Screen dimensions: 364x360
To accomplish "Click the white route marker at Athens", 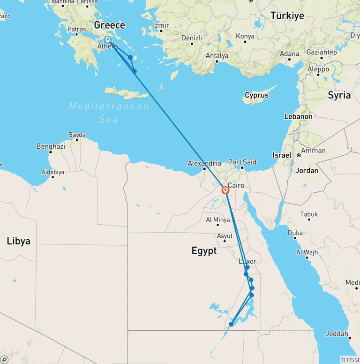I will pos(108,40).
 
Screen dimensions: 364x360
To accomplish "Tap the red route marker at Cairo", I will pos(225,190).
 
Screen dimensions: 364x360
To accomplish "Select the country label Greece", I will pos(110,25).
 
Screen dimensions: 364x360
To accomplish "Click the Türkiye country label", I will pos(287,15).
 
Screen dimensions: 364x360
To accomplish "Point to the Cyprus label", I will pos(257,95).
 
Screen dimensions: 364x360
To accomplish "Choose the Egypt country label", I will pos(204,251).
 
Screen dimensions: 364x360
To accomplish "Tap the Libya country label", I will pos(19,241).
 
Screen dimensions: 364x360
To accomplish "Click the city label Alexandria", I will pos(204,163).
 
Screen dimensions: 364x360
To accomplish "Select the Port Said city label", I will pos(242,162).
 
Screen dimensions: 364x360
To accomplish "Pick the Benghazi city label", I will pos(51,146).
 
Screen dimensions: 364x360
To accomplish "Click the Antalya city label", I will pos(217,56).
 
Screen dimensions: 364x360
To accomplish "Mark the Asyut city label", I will pos(225,236).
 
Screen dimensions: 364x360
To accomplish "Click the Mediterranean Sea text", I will pos(109,113).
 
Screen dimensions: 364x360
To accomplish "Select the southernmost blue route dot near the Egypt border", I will pos(231,324).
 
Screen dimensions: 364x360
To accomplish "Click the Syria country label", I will pos(339,95).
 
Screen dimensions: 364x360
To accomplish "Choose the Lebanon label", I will pos(298,116).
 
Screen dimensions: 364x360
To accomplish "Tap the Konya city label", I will pos(245,36).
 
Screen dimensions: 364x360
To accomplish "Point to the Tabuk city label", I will pos(309,214).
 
